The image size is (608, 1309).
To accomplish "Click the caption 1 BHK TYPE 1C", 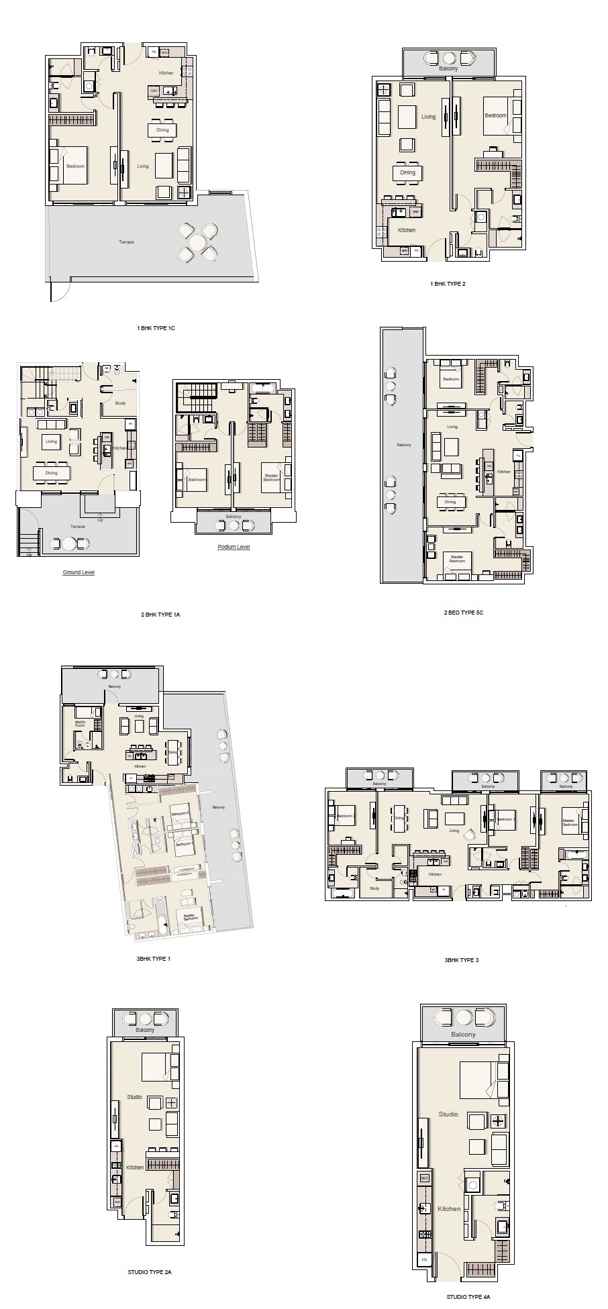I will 155,329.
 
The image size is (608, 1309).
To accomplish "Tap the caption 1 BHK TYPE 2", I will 448,284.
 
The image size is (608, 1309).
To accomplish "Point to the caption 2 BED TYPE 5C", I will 463,613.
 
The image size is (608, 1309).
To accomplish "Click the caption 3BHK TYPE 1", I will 153,959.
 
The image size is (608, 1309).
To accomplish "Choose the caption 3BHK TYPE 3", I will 461,960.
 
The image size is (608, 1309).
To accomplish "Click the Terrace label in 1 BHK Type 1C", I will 126,242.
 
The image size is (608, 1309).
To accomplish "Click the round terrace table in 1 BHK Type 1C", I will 197,242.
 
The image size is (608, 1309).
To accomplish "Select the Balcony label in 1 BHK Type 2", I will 448,69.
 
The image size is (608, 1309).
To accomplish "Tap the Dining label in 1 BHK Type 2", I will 408,172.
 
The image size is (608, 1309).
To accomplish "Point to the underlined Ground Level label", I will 79,572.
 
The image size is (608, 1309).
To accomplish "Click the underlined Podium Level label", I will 234,547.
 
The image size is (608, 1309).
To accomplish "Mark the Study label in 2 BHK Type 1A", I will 120,403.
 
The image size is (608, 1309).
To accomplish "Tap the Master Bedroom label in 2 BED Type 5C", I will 457,558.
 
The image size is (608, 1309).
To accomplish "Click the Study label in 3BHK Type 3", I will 374,888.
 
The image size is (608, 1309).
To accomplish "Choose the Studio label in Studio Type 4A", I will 448,1114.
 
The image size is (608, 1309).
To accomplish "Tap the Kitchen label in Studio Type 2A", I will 135,1167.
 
